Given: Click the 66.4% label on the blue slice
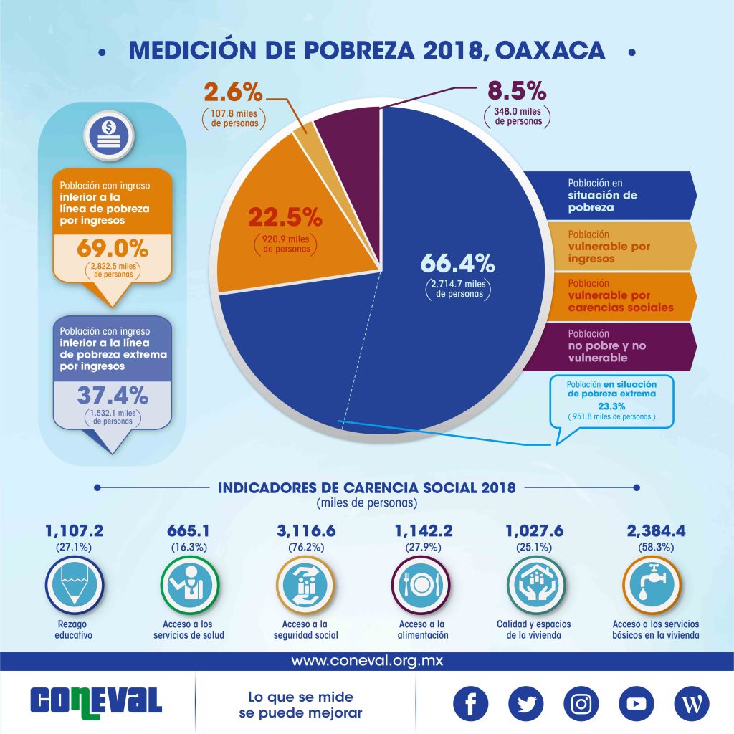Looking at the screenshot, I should pyautogui.click(x=457, y=263).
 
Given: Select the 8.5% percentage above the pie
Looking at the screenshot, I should pyautogui.click(x=516, y=92).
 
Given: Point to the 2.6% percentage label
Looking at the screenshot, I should pyautogui.click(x=233, y=92).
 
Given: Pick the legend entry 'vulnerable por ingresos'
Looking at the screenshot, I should pyautogui.click(x=609, y=246).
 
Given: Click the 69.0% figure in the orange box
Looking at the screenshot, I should pyautogui.click(x=112, y=249).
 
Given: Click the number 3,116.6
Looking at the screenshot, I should pyautogui.click(x=305, y=531).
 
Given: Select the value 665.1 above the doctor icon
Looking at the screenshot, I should pyautogui.click(x=189, y=531).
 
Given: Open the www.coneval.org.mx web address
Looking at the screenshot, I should pyautogui.click(x=367, y=660).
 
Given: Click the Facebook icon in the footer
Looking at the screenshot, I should pyautogui.click(x=471, y=704).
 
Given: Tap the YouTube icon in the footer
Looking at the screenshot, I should pyautogui.click(x=635, y=704).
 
